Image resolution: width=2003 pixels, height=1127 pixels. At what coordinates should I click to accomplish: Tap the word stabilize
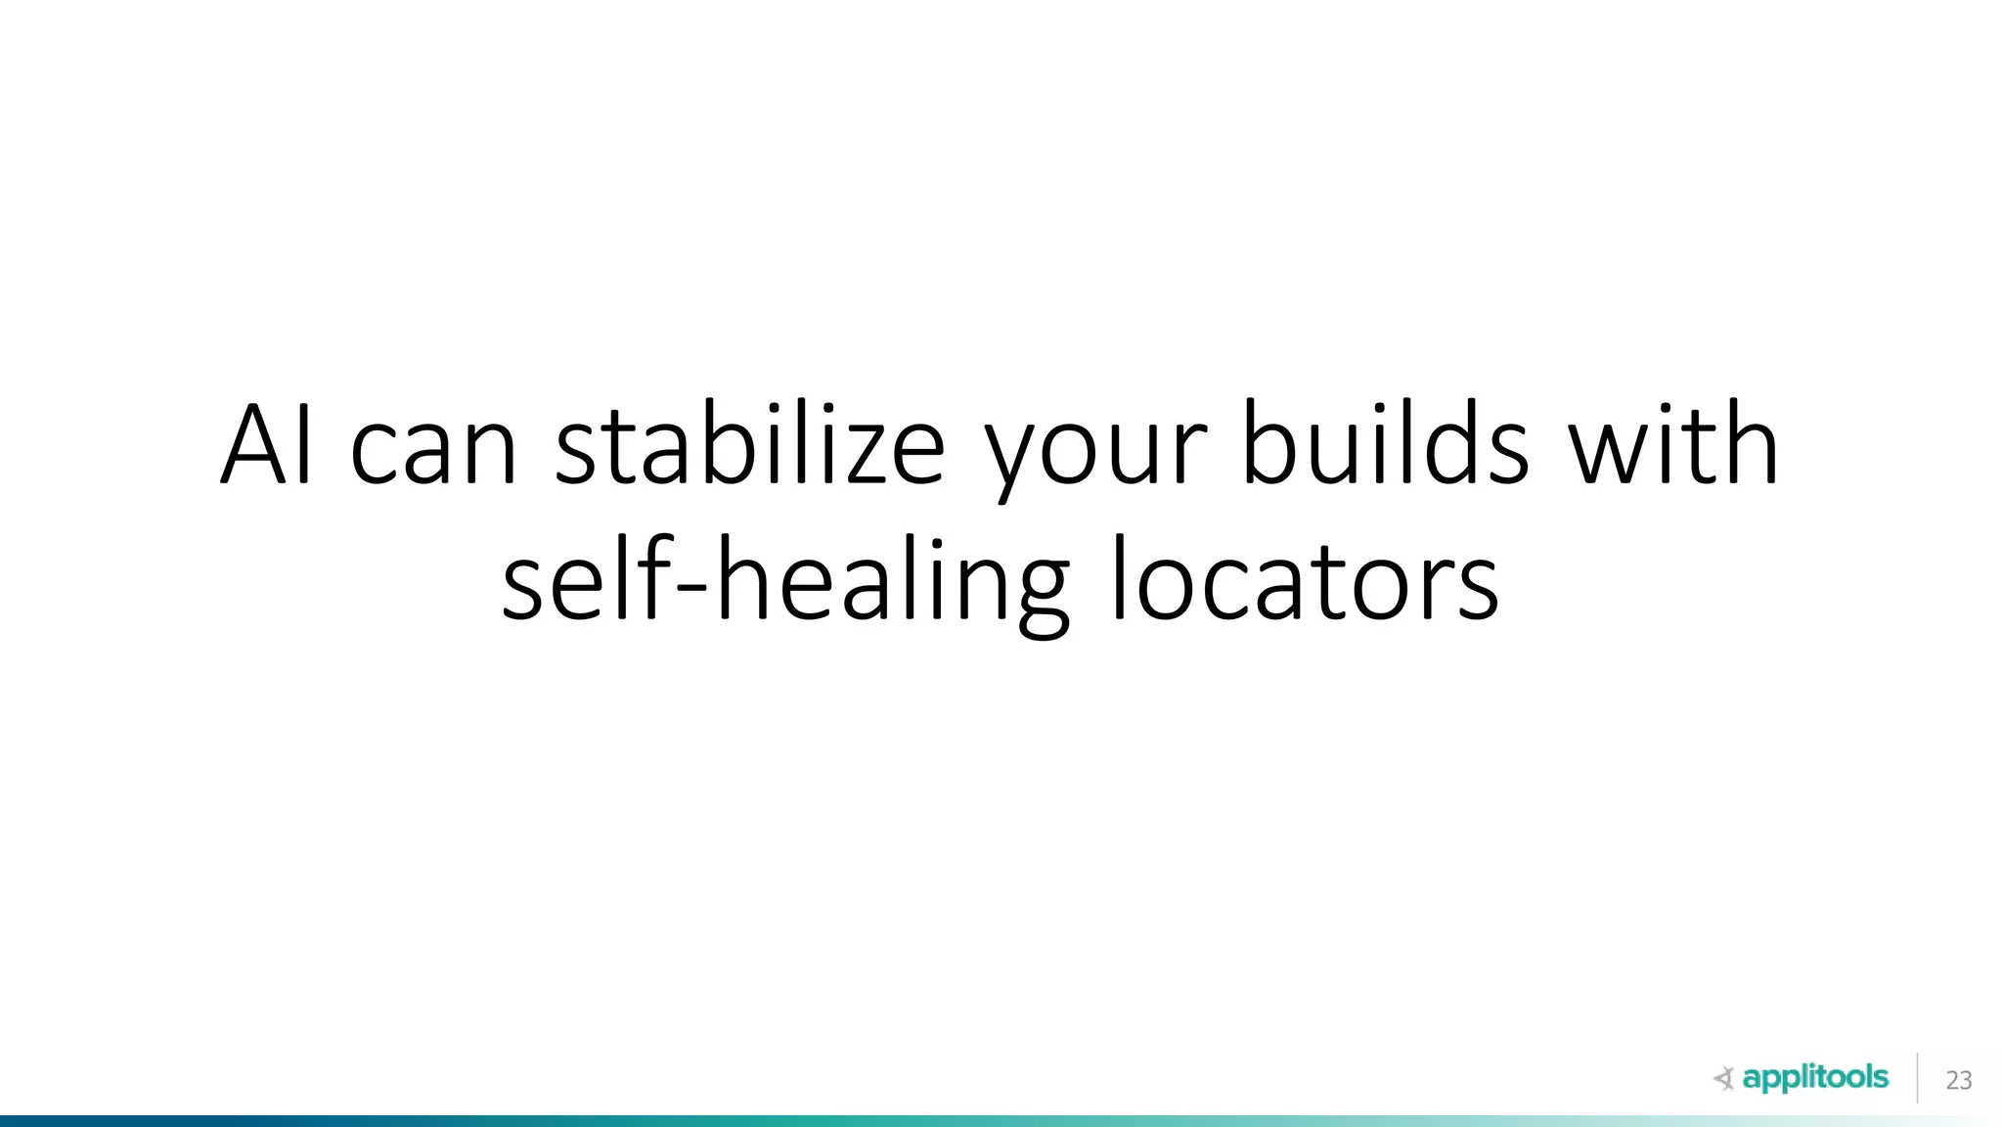750,445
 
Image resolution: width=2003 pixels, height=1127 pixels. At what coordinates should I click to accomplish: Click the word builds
1385,445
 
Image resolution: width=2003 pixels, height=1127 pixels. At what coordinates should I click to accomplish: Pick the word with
1673,445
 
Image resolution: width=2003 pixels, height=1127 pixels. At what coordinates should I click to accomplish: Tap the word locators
1305,581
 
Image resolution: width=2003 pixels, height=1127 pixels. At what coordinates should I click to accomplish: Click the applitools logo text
1815,1078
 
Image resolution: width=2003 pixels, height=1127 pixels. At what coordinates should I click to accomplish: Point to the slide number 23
1958,1080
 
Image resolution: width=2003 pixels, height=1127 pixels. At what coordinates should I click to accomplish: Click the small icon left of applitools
1723,1079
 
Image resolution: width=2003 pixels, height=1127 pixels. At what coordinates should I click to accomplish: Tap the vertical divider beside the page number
1917,1078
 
